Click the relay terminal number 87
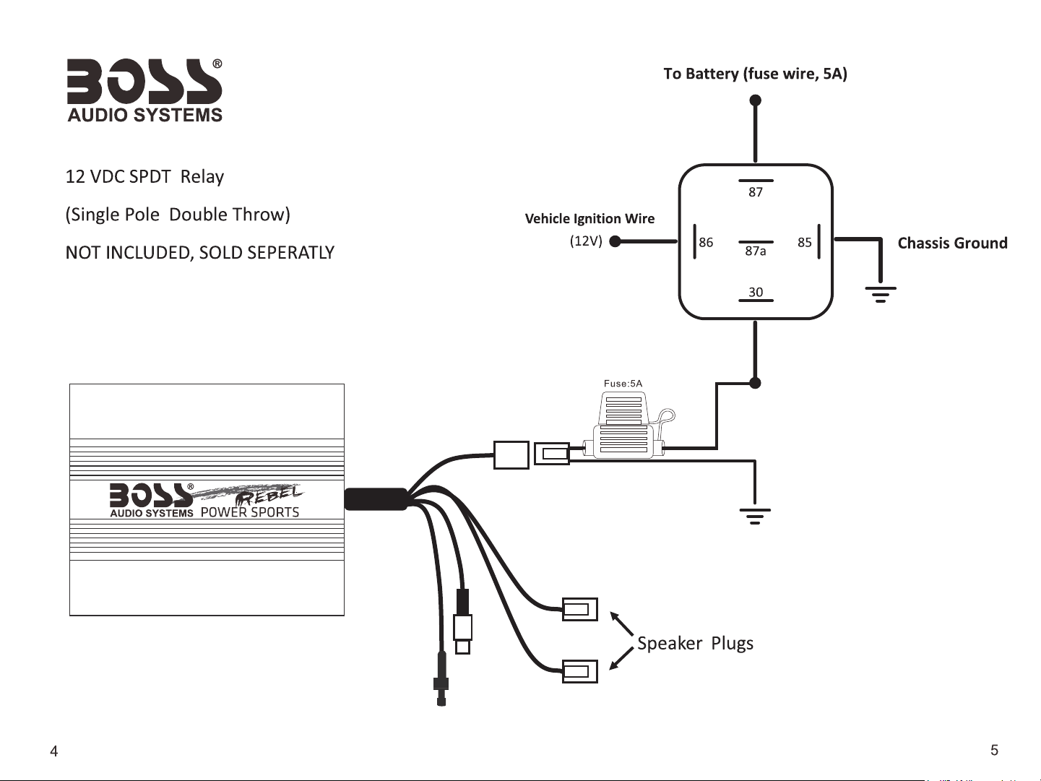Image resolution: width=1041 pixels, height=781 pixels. pos(756,192)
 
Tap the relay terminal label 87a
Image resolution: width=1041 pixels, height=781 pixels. pos(756,251)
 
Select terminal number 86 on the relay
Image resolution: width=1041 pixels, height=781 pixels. pos(706,242)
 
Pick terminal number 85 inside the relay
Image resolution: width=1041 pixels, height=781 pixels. pos(804,242)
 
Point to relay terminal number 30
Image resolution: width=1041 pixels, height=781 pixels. pos(756,292)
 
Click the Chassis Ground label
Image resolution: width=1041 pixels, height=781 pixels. pos(952,243)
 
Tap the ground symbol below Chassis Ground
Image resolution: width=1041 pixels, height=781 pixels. pos(881,294)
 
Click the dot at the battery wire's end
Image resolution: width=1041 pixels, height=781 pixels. pos(756,100)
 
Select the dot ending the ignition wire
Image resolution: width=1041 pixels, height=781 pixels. pos(615,241)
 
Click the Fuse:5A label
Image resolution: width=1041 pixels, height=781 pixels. pos(623,384)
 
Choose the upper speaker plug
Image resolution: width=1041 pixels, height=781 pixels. pos(579,609)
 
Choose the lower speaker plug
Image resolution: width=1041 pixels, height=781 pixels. pos(579,671)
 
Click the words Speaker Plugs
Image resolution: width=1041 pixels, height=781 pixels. pos(695,644)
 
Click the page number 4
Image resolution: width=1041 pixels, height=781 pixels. pos(54,751)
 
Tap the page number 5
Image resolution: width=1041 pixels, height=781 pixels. pos(995,750)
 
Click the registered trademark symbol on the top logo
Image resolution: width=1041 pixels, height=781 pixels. pos(217,64)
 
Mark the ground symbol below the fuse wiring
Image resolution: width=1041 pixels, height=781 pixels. pos(755,516)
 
